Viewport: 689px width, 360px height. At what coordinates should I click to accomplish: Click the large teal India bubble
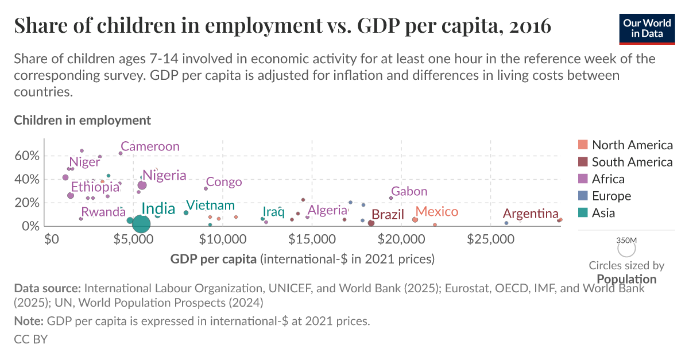(x=141, y=224)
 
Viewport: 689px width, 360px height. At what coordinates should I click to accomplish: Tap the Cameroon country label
(x=150, y=146)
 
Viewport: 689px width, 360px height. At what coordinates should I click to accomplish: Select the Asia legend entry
(x=603, y=213)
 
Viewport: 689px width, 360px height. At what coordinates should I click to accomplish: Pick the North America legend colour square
(x=582, y=145)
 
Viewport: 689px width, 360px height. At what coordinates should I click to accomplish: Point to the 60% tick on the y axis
(x=26, y=156)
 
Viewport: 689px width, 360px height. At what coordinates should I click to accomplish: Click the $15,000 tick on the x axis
(x=311, y=238)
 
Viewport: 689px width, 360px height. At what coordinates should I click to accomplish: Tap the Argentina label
(x=531, y=214)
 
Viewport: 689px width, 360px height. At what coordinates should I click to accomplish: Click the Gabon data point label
(x=409, y=191)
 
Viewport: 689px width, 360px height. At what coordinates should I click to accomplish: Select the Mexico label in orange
(x=437, y=211)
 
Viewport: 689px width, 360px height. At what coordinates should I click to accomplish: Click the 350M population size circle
(x=626, y=248)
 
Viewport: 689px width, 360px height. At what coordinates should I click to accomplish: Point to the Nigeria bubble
(x=142, y=185)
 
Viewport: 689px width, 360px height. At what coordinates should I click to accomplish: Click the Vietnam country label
(x=210, y=206)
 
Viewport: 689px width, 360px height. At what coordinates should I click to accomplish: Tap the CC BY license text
(x=30, y=339)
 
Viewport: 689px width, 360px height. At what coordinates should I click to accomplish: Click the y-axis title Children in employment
(x=82, y=120)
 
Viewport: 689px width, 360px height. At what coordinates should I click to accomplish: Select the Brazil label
(x=388, y=215)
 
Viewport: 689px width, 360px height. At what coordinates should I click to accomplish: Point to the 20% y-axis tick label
(x=26, y=203)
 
